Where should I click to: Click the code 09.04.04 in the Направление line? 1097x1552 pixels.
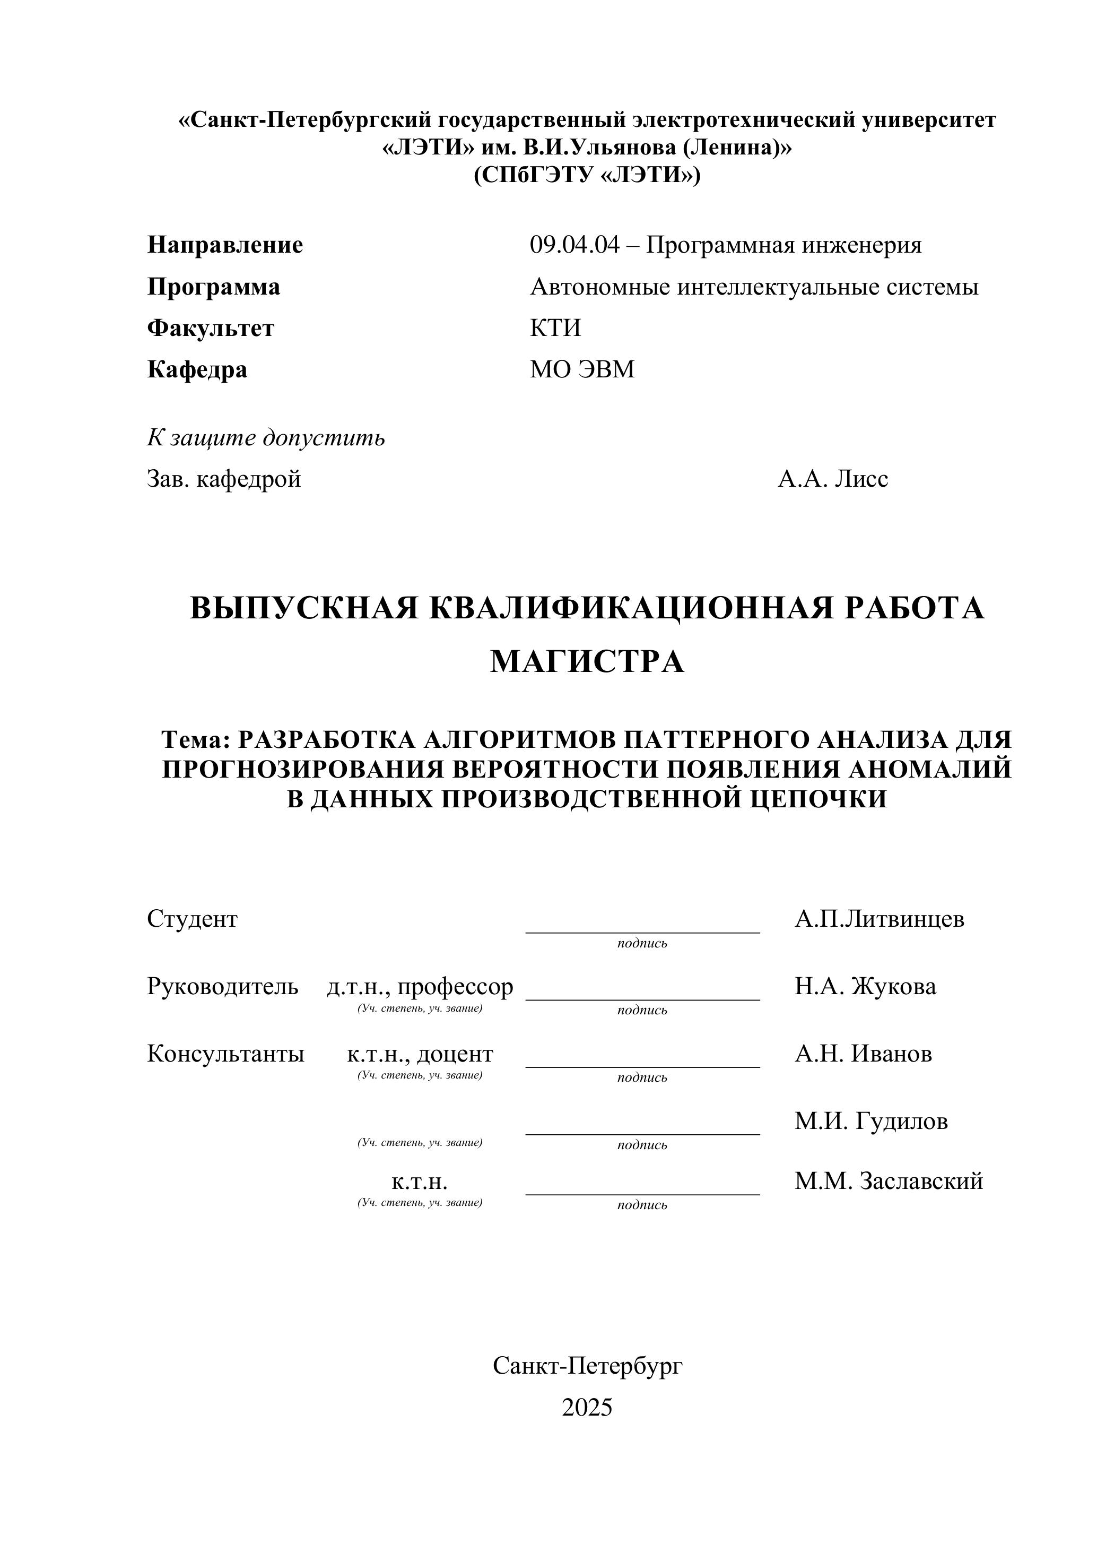coord(573,245)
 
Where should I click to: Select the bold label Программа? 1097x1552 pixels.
coord(213,287)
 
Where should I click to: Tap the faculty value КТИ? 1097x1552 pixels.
coord(555,329)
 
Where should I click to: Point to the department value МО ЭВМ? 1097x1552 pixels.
coord(582,370)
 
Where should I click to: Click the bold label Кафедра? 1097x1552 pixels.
coord(197,370)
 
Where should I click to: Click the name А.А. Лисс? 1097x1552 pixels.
coord(833,479)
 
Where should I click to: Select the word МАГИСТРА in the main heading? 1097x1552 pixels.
coord(587,662)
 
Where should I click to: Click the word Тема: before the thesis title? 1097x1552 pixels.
coord(197,740)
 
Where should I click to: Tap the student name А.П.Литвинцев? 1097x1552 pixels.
coord(880,919)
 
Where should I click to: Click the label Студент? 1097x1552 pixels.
coord(193,919)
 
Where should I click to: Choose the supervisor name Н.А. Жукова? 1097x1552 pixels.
coord(865,987)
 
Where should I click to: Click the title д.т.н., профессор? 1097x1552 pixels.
coord(420,987)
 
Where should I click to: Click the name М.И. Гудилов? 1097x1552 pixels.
coord(872,1122)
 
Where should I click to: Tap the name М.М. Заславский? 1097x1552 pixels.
coord(889,1182)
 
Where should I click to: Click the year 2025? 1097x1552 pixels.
coord(587,1408)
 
